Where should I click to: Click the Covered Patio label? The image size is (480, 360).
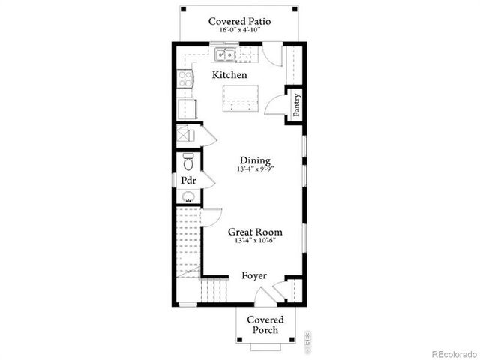coord(240,21)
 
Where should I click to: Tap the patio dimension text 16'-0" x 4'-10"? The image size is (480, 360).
coord(240,31)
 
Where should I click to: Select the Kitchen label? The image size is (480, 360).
coord(229,75)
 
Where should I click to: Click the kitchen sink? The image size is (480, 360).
coord(225,55)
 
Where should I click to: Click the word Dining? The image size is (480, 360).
coord(255,160)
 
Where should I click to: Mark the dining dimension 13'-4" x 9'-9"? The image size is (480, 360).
coord(255,169)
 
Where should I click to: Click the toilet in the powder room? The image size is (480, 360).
coord(188,162)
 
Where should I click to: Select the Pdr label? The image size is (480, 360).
coord(187,181)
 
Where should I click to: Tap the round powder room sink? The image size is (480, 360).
coord(188,199)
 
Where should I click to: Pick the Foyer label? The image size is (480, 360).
coord(254,276)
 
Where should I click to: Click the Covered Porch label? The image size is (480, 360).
coord(266,325)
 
